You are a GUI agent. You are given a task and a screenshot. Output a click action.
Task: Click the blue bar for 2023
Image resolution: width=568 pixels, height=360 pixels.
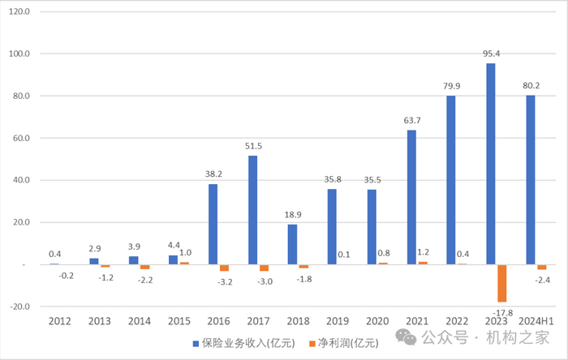pyautogui.click(x=491, y=164)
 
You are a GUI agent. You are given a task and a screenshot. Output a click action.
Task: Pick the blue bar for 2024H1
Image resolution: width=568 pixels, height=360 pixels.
pyautogui.click(x=531, y=179)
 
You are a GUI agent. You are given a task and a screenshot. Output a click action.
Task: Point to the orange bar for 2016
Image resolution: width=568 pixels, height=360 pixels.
pyautogui.click(x=224, y=268)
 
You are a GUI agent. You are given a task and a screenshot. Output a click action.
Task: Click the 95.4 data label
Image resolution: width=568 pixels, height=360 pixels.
pyautogui.click(x=491, y=54)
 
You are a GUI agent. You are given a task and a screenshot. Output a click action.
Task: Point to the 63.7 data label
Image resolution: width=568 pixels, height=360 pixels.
pyautogui.click(x=411, y=121)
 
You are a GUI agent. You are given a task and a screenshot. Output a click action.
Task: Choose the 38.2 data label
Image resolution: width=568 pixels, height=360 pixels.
pyautogui.click(x=213, y=174)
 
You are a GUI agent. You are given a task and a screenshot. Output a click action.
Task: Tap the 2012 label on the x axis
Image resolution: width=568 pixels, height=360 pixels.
pyautogui.click(x=60, y=322)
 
